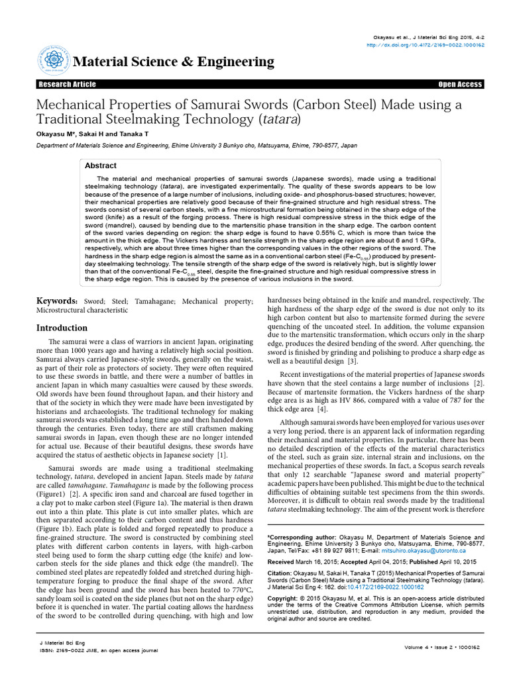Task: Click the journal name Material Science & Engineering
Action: click(174, 62)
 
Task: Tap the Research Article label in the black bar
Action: click(67, 85)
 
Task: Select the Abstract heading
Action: click(101, 166)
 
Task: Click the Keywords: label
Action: click(58, 302)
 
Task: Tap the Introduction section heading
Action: click(62, 328)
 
